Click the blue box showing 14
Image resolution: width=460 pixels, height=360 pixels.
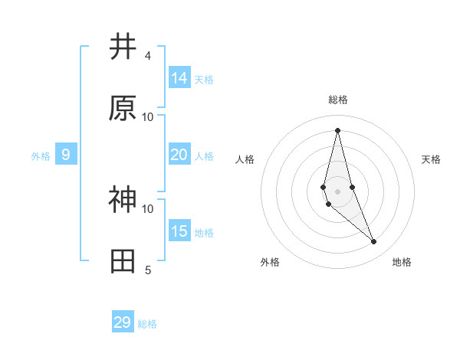[x=179, y=78]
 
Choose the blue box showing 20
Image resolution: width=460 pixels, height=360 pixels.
[x=179, y=155]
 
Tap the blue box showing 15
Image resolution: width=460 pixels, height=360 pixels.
[x=179, y=231]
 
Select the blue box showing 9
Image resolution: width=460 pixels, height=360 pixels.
[x=66, y=155]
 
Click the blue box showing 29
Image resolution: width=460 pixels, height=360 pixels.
[x=123, y=322]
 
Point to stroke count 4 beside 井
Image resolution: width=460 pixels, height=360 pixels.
[x=147, y=55]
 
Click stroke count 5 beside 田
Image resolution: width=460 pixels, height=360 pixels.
[x=147, y=270]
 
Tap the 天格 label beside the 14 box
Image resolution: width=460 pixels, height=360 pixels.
[x=204, y=79]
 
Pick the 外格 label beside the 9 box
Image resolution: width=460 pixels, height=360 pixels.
[x=41, y=155]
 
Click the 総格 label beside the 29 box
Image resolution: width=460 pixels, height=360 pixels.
[x=147, y=324]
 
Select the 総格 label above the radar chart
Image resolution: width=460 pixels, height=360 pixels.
[x=338, y=100]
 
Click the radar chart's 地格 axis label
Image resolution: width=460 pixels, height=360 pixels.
[x=402, y=262]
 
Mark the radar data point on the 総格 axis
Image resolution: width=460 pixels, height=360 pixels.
[x=337, y=130]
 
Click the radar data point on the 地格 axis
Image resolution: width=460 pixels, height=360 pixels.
[x=374, y=242]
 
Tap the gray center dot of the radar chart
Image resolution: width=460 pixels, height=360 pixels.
[x=337, y=191]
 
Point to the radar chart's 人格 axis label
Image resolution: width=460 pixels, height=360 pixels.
[x=245, y=159]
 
